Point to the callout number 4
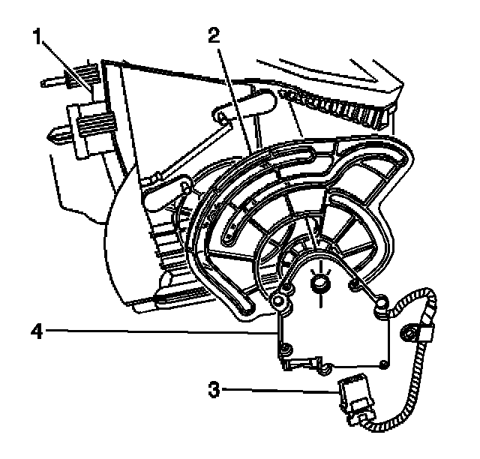[34, 328]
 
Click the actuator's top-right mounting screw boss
[380, 303]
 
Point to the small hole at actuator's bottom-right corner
[384, 364]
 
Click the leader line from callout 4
[150, 328]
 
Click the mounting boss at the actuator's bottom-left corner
[286, 347]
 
